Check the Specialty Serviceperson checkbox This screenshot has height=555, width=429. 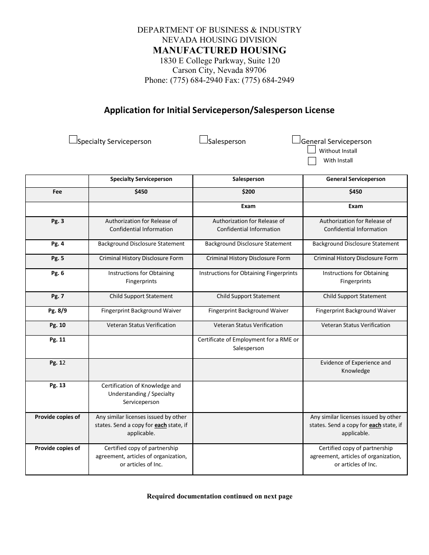(x=73, y=140)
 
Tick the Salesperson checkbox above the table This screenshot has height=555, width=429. (x=204, y=140)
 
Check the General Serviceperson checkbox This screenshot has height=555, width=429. (x=296, y=140)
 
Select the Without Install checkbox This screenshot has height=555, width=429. (x=312, y=150)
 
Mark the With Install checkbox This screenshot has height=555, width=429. (x=312, y=161)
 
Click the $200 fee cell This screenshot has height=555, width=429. (x=248, y=192)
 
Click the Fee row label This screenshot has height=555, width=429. (x=57, y=192)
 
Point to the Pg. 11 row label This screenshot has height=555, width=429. (x=57, y=340)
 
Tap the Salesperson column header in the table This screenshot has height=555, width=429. (x=248, y=179)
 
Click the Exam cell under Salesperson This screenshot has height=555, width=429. (x=248, y=206)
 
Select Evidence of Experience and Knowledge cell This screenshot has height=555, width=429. (x=355, y=367)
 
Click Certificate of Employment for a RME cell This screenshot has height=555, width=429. (x=248, y=344)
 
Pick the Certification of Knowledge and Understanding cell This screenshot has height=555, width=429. (x=141, y=394)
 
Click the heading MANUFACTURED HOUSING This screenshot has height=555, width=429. (x=219, y=50)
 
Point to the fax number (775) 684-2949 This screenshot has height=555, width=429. (x=268, y=81)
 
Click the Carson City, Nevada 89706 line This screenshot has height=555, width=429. (x=219, y=71)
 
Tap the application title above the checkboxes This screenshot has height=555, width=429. (x=219, y=110)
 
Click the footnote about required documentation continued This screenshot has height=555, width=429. (x=219, y=496)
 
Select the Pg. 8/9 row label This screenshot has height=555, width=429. (x=57, y=311)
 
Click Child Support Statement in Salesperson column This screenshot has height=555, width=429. (x=248, y=296)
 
